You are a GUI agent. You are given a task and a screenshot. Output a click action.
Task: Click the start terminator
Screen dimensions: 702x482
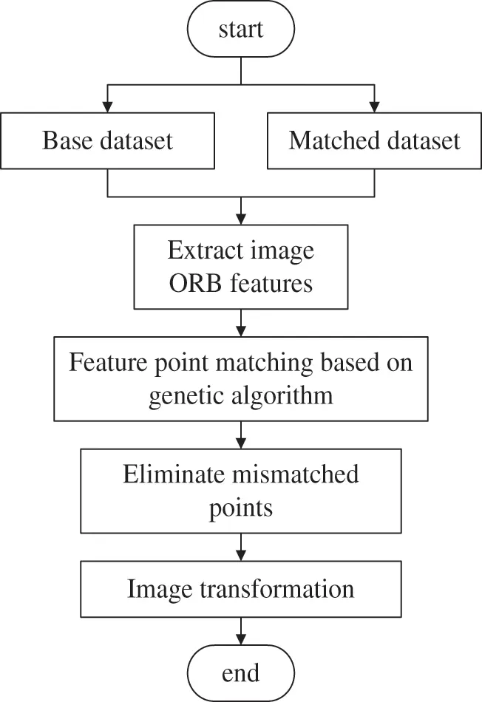241,30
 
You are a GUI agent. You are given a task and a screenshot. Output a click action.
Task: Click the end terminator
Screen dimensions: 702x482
241,673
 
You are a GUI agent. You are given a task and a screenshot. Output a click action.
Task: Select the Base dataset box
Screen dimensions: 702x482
108,140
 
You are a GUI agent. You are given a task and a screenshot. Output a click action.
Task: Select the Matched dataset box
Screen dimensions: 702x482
374,140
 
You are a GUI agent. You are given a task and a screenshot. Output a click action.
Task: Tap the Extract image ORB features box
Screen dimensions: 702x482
241,267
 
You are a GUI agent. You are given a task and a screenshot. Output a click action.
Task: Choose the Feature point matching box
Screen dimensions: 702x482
241,379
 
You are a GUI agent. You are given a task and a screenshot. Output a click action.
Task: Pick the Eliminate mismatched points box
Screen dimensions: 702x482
241,490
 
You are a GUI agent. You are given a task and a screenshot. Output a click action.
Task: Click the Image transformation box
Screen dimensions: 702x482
241,589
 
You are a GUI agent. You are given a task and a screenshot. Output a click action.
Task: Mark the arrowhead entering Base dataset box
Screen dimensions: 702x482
108,106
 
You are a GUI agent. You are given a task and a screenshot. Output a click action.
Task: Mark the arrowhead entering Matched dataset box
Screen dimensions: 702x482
374,106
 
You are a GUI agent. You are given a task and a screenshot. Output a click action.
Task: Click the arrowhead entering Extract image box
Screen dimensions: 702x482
241,219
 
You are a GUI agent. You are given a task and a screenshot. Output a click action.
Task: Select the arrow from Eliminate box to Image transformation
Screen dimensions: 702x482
241,547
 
